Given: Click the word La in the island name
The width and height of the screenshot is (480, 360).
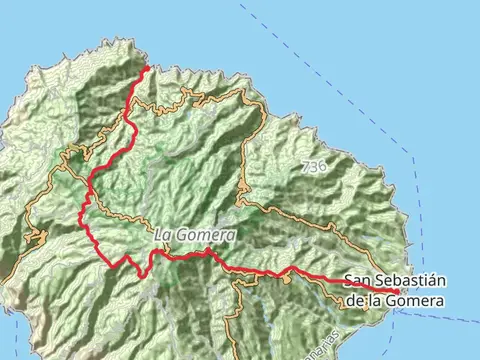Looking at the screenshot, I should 164,235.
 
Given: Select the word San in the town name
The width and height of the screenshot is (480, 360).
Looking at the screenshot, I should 358,282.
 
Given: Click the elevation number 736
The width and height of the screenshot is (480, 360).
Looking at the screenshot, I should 312,164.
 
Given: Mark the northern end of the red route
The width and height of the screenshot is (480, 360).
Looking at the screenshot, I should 148,67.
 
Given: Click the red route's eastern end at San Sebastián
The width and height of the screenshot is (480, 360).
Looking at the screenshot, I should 398,291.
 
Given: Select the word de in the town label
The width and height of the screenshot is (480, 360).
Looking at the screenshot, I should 353,299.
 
